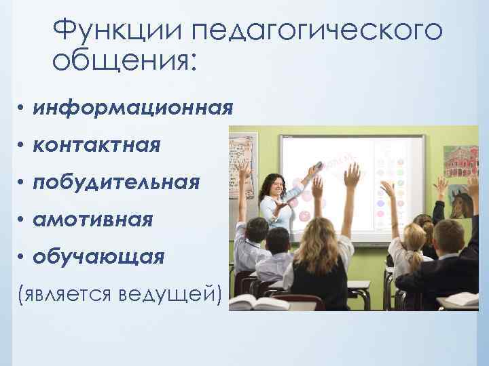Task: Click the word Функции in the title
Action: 116,30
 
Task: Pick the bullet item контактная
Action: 97,145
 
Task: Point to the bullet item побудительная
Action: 116,182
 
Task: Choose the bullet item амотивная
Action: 94,220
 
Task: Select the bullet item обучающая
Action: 99,257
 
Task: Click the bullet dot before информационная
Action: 22,109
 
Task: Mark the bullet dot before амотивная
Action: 22,220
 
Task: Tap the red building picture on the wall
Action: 461,161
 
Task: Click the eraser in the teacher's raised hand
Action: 316,165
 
